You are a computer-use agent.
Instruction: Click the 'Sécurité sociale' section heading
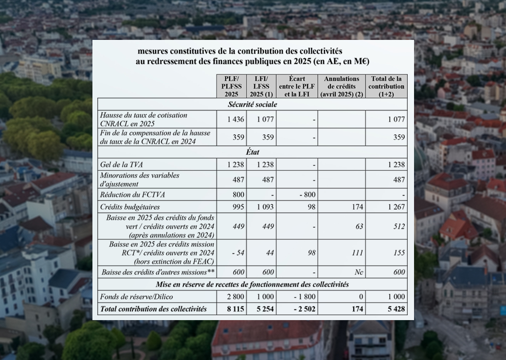click(252, 104)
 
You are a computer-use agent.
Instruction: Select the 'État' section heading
click(253, 152)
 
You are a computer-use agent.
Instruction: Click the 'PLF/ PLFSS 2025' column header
click(231, 86)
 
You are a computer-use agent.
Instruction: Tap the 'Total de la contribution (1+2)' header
click(386, 86)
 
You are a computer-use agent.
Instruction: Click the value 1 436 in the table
click(235, 119)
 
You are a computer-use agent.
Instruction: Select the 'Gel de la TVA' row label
click(120, 164)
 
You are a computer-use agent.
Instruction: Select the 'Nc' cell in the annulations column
click(359, 272)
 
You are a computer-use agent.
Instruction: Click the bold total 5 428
click(395, 309)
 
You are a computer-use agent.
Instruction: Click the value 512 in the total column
click(399, 226)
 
